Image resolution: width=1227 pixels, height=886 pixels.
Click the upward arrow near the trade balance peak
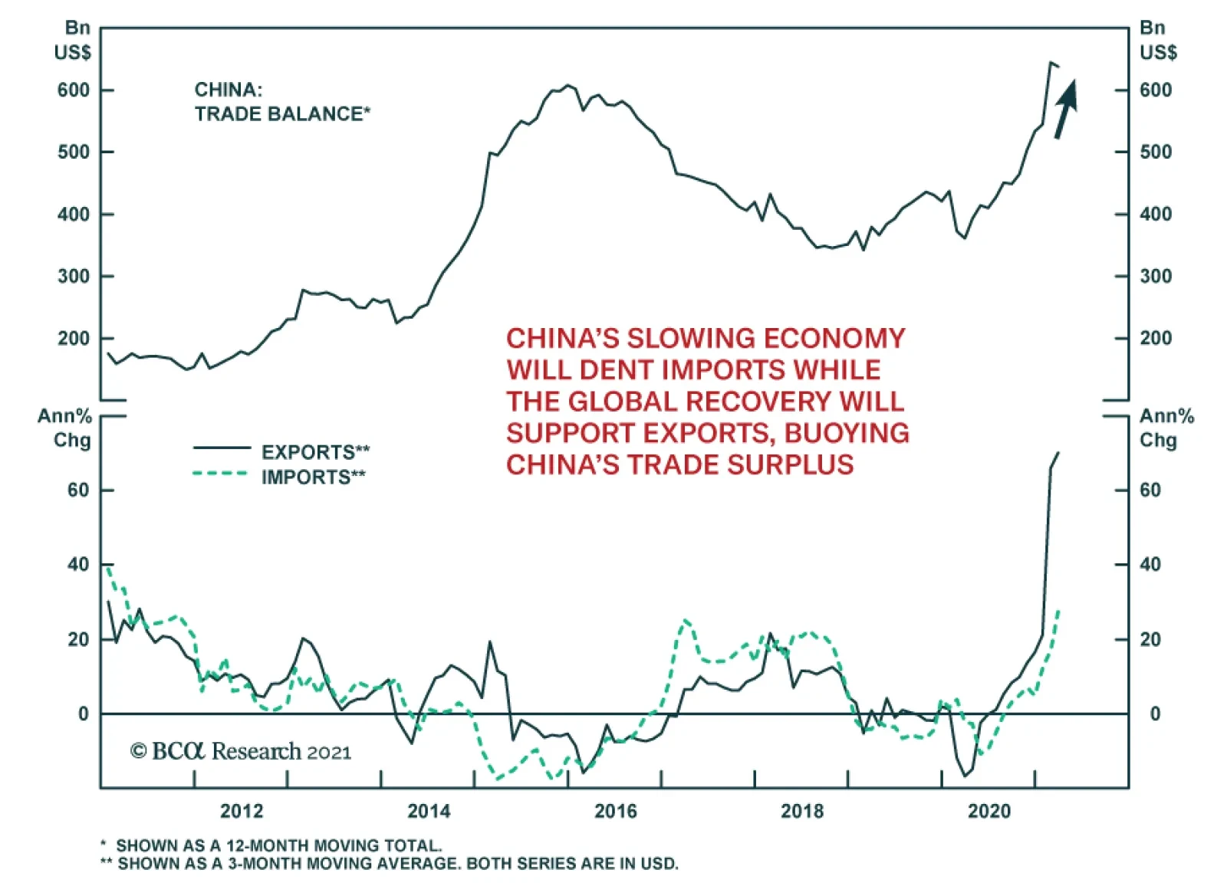pyautogui.click(x=1066, y=109)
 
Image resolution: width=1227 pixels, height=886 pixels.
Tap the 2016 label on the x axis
pyautogui.click(x=615, y=811)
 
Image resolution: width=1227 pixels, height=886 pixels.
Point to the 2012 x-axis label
pyautogui.click(x=242, y=811)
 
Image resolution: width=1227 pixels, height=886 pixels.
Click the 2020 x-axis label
pyautogui.click(x=989, y=811)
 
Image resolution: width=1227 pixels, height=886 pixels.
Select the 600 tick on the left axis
pyautogui.click(x=74, y=90)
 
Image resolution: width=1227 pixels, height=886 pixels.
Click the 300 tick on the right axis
pyautogui.click(x=1156, y=276)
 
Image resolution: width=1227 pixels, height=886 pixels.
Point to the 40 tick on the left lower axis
pyautogui.click(x=78, y=565)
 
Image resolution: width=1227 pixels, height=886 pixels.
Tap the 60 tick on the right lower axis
pyautogui.click(x=1150, y=490)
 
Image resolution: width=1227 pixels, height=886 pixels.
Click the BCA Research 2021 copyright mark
pyautogui.click(x=241, y=751)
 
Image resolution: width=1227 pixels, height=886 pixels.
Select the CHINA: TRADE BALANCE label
pyautogui.click(x=281, y=102)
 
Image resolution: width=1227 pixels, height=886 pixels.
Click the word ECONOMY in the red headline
pyautogui.click(x=831, y=339)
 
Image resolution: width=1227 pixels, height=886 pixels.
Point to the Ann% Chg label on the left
pyautogui.click(x=66, y=428)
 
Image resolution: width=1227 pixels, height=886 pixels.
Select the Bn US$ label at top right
pyautogui.click(x=1156, y=40)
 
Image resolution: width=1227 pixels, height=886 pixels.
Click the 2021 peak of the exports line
pyautogui.click(x=1058, y=453)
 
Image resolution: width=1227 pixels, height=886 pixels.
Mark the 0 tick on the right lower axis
pyautogui.click(x=1155, y=714)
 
